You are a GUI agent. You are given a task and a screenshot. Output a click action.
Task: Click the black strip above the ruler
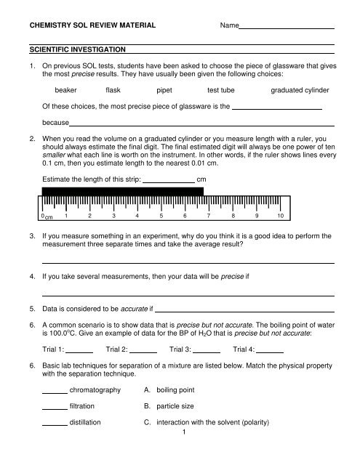[122, 193]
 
